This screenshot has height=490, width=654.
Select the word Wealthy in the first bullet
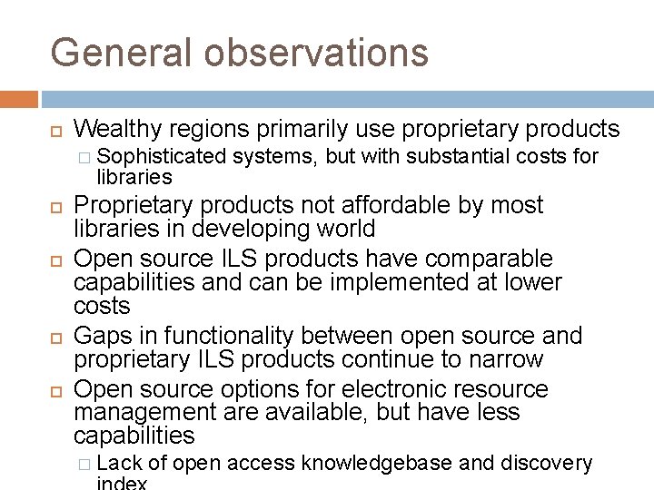(x=119, y=128)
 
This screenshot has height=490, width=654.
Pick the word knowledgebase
(x=376, y=465)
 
